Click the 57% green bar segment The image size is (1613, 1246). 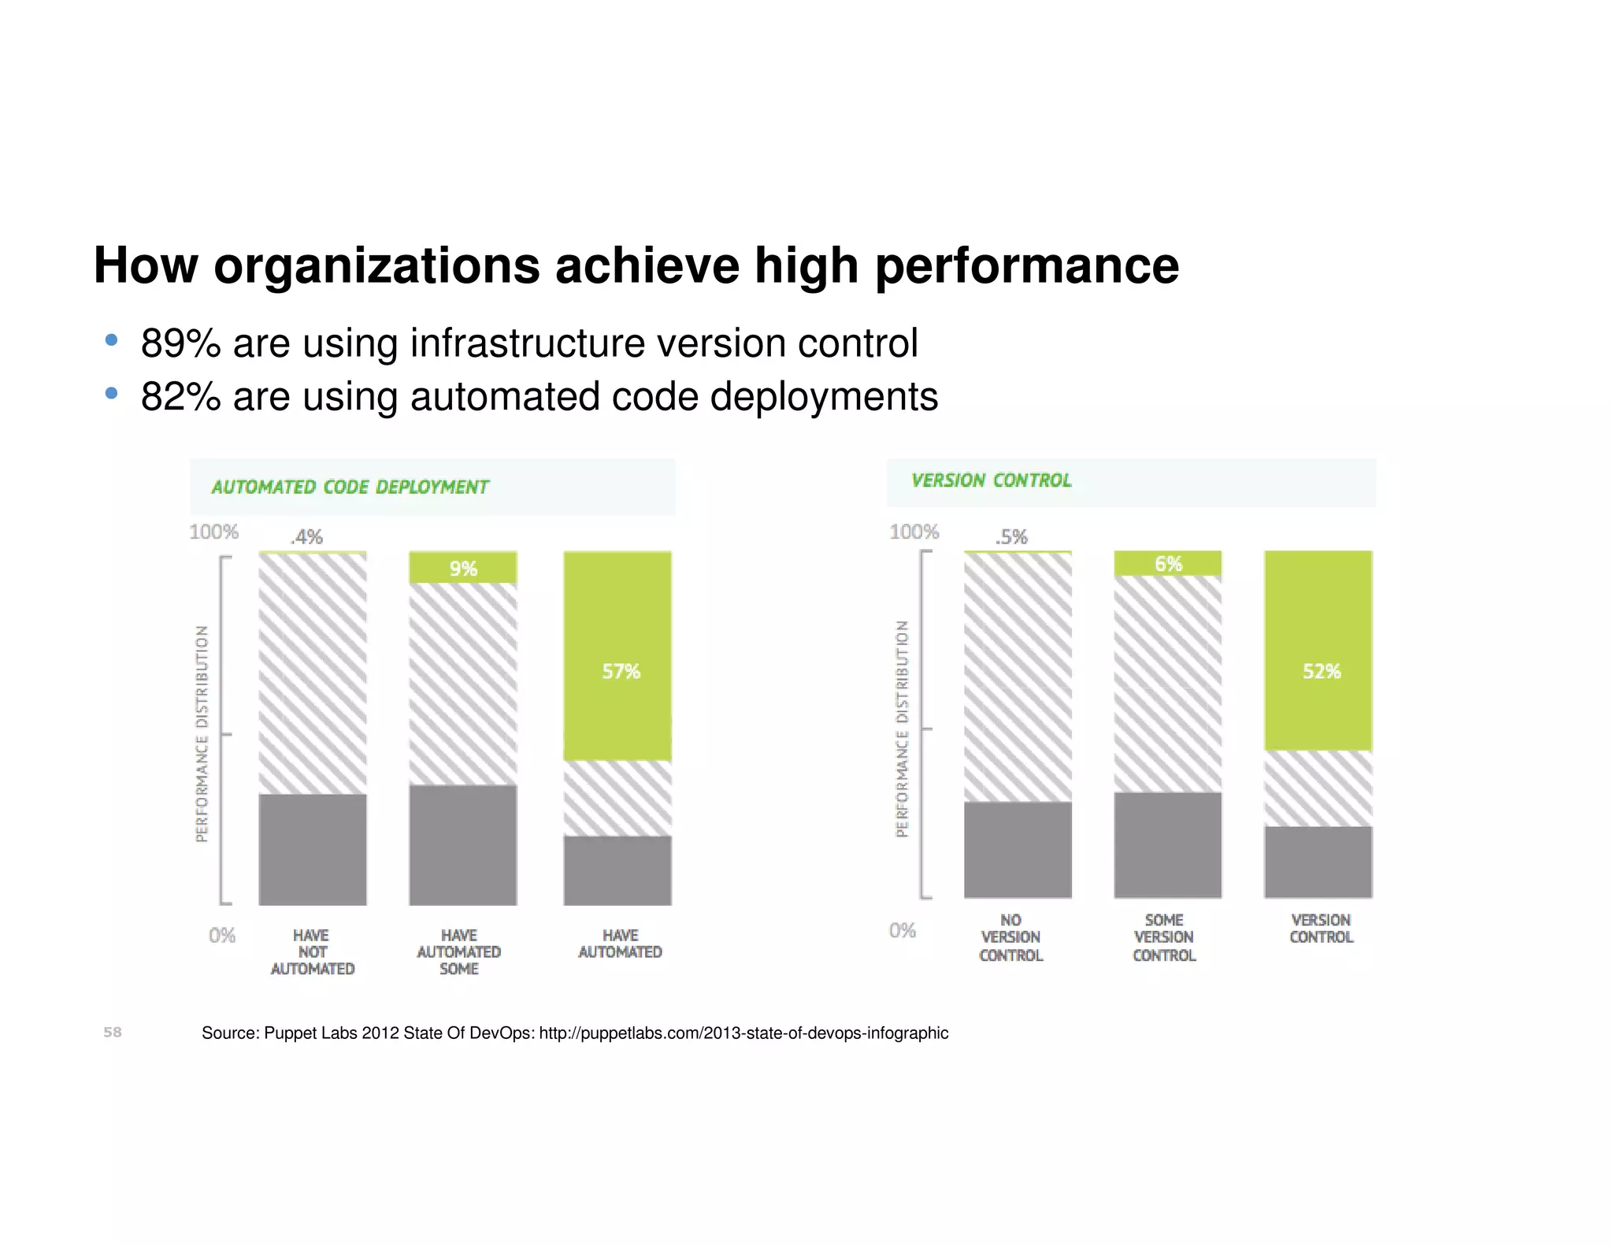618,655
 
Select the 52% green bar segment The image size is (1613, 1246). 1318,651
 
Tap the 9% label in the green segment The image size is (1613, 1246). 463,569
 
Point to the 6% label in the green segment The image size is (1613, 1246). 1168,564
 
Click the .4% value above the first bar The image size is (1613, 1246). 306,537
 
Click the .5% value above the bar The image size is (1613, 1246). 1011,537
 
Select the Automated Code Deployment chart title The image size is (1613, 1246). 350,488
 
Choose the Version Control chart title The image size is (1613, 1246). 991,480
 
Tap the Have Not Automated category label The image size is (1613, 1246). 312,952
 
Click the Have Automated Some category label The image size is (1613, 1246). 459,952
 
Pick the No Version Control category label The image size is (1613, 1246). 1010,937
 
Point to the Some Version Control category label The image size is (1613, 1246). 1164,937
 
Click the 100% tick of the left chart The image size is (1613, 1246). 213,532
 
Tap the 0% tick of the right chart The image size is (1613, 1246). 903,931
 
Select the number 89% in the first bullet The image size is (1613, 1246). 180,344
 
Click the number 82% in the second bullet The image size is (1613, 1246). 180,397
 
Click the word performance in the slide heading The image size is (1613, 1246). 1026,265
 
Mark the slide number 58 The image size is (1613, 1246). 113,1033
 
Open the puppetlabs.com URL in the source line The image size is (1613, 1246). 743,1033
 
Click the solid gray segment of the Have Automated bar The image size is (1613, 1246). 618,870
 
